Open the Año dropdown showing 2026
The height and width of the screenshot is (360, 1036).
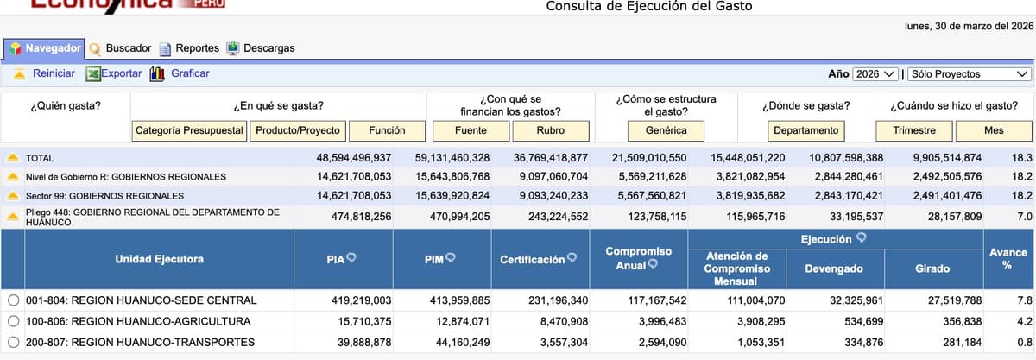click(x=875, y=74)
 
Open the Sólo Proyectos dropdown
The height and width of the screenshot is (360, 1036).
click(x=970, y=74)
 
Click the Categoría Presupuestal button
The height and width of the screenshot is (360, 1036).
click(x=190, y=130)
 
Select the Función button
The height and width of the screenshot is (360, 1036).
click(x=387, y=130)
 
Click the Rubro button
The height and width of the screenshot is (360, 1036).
click(x=551, y=130)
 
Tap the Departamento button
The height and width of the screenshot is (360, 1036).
click(x=805, y=130)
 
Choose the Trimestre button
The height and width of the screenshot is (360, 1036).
click(x=914, y=130)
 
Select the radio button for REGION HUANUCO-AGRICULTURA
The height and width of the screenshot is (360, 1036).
click(x=13, y=321)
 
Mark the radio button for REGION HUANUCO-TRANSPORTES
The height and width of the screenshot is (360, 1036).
click(x=13, y=342)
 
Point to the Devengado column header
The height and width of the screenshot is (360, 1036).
click(x=833, y=269)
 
